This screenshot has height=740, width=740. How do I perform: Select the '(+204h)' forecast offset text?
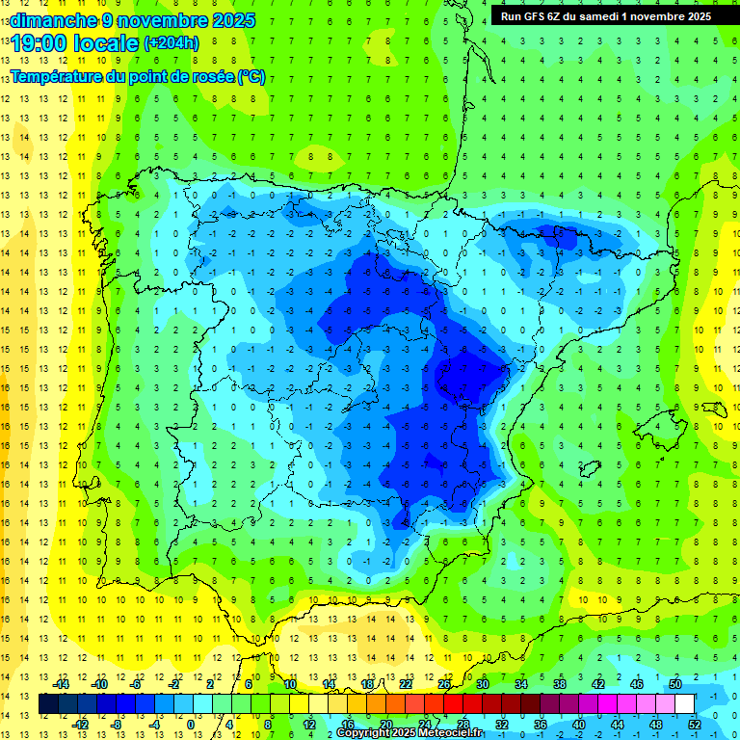pos(171,42)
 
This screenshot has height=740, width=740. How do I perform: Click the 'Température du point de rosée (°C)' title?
pos(138,77)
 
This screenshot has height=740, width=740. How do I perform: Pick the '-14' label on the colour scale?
pos(61,684)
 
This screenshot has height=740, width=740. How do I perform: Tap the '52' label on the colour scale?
pos(695,724)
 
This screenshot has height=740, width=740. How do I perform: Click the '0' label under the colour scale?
pos(190,724)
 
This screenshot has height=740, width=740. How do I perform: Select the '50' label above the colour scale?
pos(675,684)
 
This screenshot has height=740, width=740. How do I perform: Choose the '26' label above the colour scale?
pos(444,684)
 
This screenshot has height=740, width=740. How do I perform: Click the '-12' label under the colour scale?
pos(80,724)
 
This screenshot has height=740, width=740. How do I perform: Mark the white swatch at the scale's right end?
pos(684,704)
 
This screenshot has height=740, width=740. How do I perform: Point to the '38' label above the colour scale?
pos(560,684)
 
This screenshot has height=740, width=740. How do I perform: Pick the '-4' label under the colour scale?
pos(155,724)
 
